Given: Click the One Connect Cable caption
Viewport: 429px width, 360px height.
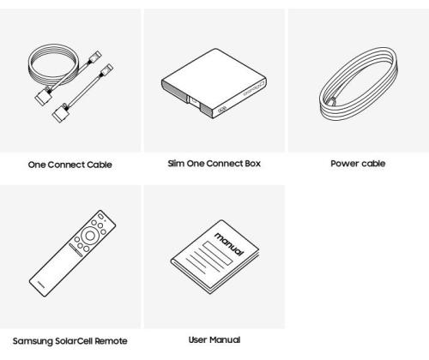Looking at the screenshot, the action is point(69,165).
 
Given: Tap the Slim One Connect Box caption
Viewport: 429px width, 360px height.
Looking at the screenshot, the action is point(214,164).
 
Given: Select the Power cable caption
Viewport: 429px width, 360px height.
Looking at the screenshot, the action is point(358,164).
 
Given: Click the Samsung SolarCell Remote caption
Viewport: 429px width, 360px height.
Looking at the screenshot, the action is point(70,341).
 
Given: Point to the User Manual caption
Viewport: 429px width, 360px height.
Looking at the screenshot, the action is point(214,339).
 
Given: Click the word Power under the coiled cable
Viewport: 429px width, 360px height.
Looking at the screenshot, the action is point(343,164).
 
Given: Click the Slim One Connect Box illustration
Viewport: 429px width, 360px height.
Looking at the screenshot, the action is point(214,83).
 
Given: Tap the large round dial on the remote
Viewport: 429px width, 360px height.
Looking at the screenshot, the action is point(90,236).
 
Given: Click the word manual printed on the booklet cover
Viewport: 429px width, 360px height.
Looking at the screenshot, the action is point(229,243).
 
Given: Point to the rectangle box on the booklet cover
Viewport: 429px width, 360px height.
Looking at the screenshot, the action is point(218,253).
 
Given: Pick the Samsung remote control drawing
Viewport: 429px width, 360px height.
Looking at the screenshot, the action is point(72,254).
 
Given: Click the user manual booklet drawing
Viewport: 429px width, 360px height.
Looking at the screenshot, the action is point(214,257).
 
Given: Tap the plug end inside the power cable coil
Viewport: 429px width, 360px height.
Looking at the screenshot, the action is point(332,101).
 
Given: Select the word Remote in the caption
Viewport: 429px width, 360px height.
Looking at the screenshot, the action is point(111,341).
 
